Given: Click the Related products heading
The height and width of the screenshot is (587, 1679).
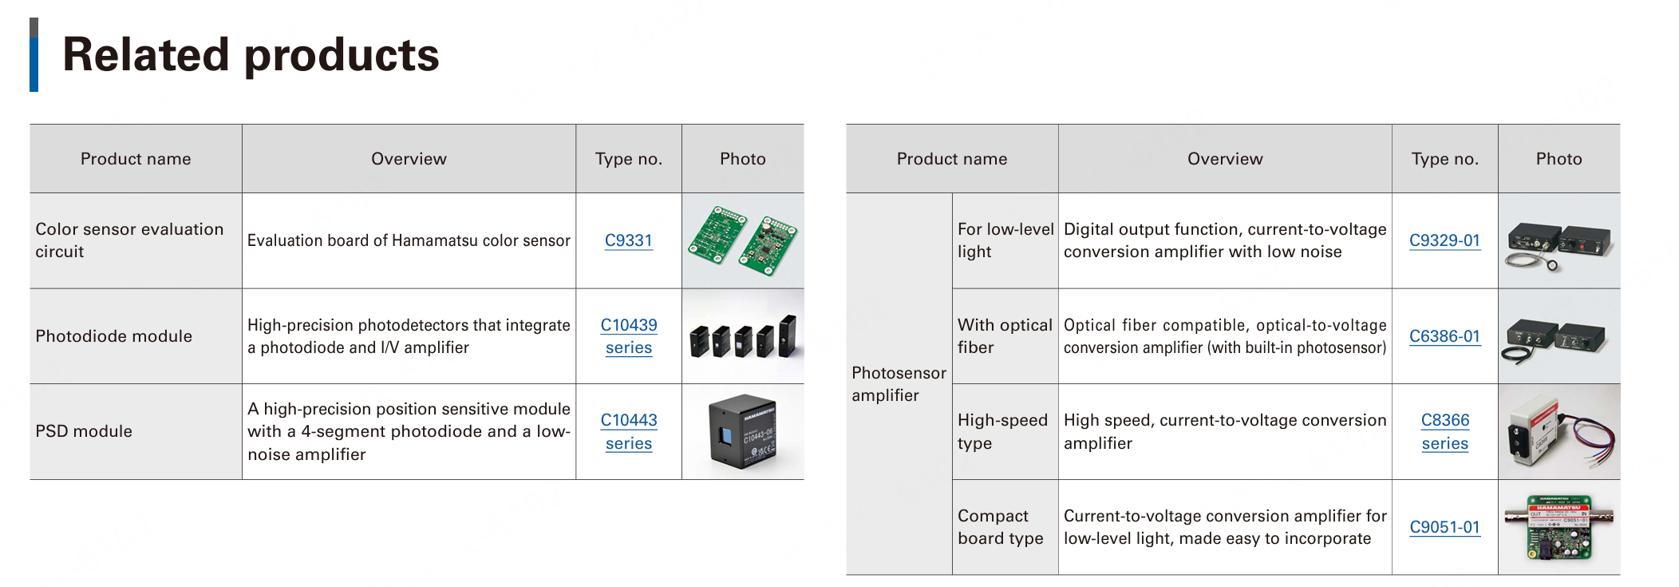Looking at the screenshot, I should [251, 55].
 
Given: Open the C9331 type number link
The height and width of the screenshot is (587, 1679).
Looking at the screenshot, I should [628, 240].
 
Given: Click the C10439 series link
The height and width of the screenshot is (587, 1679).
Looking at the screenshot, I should [629, 336].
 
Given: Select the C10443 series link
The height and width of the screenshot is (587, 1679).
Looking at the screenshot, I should [629, 431].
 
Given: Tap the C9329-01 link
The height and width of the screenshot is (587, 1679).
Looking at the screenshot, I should [1444, 240].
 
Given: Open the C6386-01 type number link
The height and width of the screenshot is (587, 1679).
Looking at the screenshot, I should [1444, 336].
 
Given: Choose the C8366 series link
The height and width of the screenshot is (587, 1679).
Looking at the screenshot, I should [1444, 431].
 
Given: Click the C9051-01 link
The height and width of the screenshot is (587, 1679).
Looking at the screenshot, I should [1444, 527].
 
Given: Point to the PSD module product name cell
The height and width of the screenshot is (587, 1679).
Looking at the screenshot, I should [84, 431].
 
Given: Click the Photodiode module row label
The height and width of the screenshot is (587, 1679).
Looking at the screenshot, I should [114, 336].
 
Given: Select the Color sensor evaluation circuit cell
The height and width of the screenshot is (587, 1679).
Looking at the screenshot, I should [129, 240].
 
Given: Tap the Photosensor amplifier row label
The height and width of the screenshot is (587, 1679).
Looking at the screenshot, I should [899, 384].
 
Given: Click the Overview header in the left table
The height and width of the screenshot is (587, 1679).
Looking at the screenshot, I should [409, 159].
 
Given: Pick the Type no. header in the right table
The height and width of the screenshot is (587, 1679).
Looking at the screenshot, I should [1444, 159].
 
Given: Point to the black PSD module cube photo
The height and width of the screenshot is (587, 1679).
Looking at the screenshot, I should [743, 432].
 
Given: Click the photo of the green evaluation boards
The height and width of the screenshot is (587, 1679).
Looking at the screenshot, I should [743, 240].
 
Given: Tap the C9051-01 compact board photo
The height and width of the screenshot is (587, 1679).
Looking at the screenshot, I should [1559, 527].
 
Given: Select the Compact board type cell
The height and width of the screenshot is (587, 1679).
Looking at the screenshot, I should [1000, 527].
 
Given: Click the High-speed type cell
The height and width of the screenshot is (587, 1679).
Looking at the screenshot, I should [1002, 431].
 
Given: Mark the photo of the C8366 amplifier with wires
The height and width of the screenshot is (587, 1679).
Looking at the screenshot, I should [1559, 432].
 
